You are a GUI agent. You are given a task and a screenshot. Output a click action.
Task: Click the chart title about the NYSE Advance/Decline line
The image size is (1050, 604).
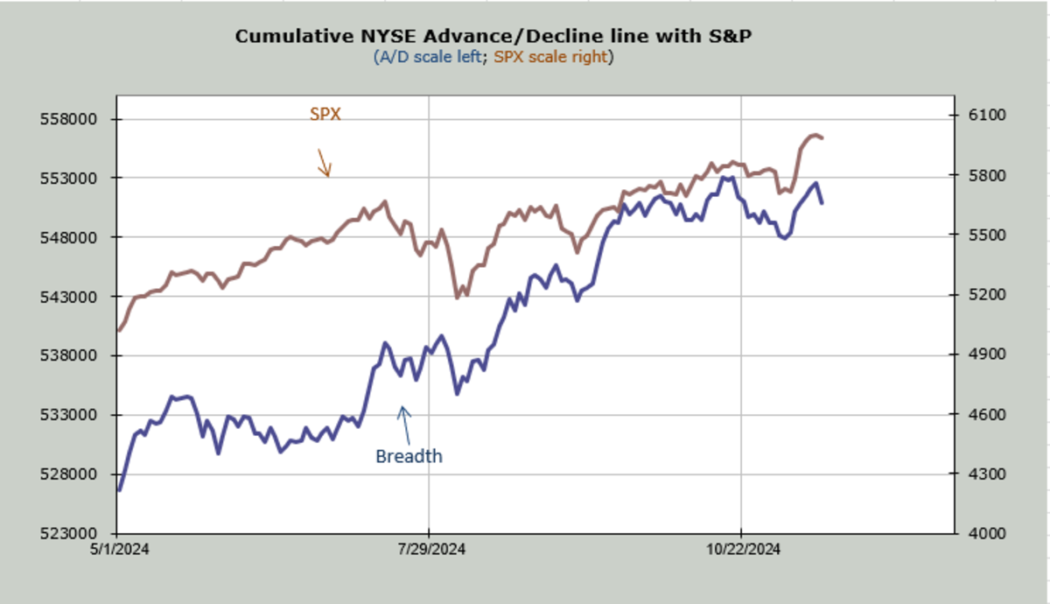493,36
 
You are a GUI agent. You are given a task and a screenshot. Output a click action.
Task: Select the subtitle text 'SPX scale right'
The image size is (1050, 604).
552,57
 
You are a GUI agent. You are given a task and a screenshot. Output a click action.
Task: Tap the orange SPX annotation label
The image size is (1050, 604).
325,114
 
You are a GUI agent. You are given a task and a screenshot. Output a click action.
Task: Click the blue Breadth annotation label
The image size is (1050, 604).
409,456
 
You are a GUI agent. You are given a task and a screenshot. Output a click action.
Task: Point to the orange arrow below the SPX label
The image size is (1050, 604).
323,162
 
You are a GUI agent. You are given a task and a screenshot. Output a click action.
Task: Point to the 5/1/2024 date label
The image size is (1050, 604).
117,550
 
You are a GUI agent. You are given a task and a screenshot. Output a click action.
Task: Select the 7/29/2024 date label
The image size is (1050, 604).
430,550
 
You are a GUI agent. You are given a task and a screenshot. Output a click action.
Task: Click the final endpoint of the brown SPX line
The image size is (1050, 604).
822,137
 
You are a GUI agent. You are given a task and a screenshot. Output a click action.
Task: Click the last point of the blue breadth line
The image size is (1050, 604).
822,203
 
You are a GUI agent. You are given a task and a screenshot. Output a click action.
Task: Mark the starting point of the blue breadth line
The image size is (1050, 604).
118,490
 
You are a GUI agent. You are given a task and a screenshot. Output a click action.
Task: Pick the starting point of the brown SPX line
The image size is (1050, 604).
118,331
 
